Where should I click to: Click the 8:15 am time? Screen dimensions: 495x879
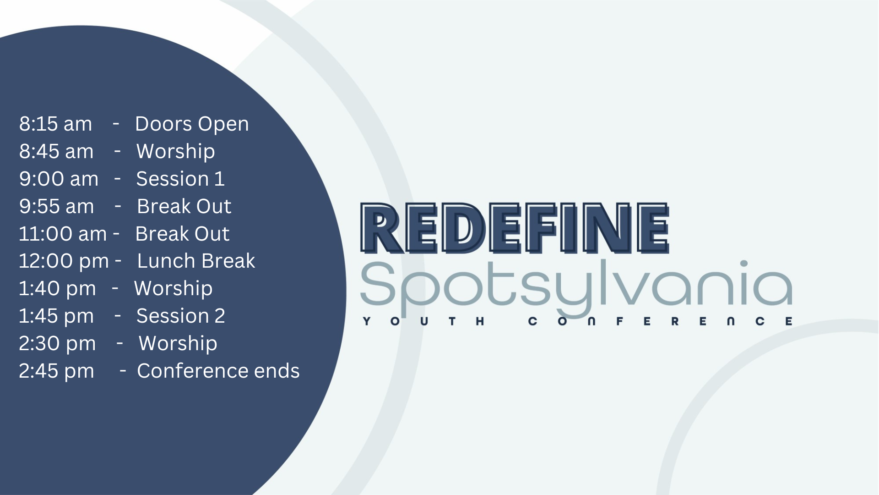pyautogui.click(x=55, y=124)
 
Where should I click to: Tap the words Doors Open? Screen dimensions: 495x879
pyautogui.click(x=192, y=124)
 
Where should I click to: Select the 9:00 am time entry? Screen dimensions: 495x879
pyautogui.click(x=59, y=179)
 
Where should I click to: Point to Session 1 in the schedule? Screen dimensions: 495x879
pyautogui.click(x=180, y=179)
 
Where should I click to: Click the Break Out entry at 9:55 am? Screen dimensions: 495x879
pyautogui.click(x=184, y=206)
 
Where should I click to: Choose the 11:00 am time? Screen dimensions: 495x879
pyautogui.click(x=63, y=234)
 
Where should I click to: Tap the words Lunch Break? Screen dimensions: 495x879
pyautogui.click(x=196, y=261)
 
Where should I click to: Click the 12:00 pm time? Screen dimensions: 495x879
pyautogui.click(x=64, y=261)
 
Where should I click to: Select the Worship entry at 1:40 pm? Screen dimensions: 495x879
pyautogui.click(x=173, y=288)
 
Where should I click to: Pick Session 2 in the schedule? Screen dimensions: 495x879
pyautogui.click(x=180, y=316)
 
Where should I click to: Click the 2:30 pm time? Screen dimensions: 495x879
pyautogui.click(x=57, y=343)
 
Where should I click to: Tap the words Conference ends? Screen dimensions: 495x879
pyautogui.click(x=218, y=371)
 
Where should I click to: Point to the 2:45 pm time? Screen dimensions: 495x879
pyautogui.click(x=56, y=371)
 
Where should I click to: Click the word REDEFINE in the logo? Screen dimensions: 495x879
pyautogui.click(x=515, y=228)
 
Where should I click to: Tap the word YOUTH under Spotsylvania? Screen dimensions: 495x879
pyautogui.click(x=423, y=321)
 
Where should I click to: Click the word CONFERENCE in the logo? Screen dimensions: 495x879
pyautogui.click(x=660, y=321)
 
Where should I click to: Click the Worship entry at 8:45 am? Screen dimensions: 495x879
pyautogui.click(x=175, y=152)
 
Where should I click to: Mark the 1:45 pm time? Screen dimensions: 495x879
pyautogui.click(x=56, y=316)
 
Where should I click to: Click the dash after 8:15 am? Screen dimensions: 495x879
pyautogui.click(x=116, y=123)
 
